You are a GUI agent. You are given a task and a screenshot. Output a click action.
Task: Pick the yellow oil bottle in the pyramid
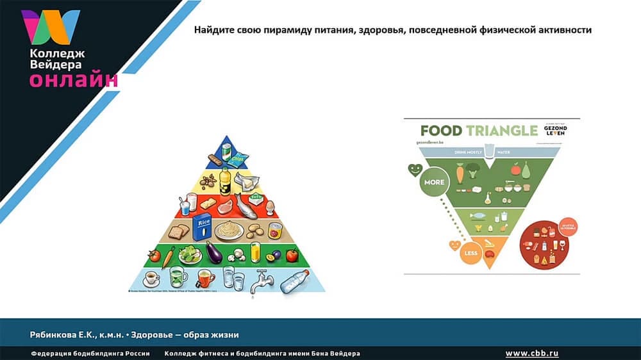(224, 181)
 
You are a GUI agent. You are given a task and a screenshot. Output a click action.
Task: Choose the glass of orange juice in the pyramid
(255, 252)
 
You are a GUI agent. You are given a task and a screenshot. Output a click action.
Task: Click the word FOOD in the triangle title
(441, 131)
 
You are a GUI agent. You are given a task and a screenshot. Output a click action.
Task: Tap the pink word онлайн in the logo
(73, 80)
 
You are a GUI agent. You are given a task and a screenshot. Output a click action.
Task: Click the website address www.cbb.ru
(532, 354)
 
